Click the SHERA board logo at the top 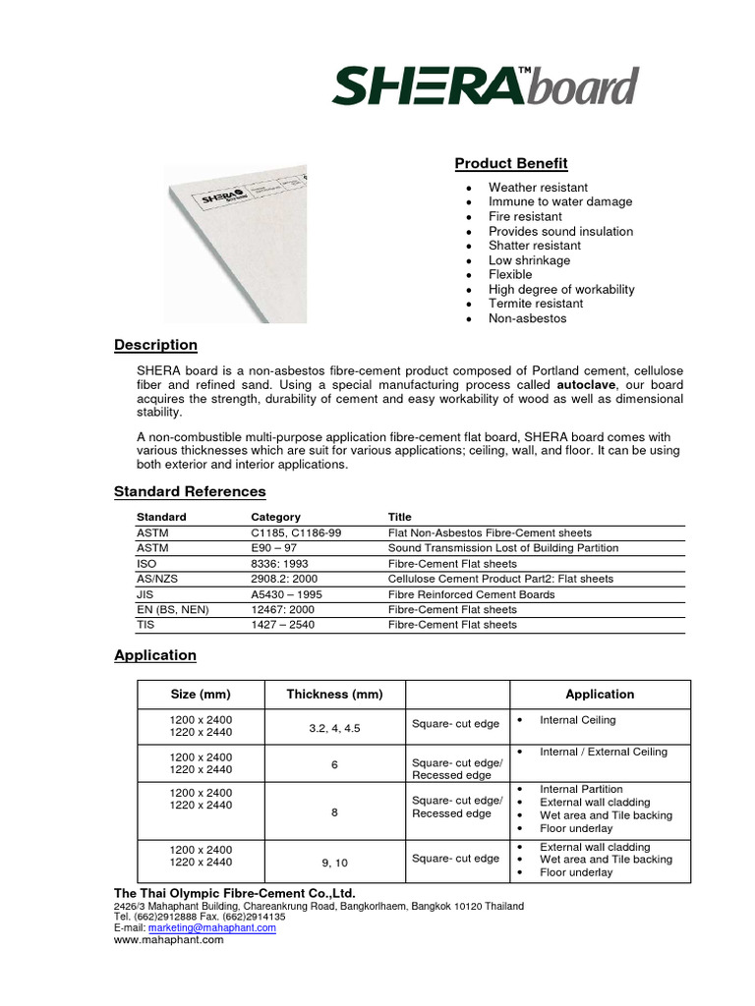click(485, 86)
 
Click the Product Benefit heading click(510, 163)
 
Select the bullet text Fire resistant click(525, 216)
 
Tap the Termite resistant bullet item click(536, 304)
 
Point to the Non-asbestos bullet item click(527, 318)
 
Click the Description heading click(155, 345)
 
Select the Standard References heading click(190, 491)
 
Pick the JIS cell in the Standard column click(145, 594)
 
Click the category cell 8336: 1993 click(281, 564)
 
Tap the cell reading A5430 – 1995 click(286, 594)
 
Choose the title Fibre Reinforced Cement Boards click(471, 594)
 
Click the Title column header click(399, 517)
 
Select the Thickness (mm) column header click(334, 694)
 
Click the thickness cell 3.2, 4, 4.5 click(334, 728)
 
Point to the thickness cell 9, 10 click(334, 863)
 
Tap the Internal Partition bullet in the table click(581, 789)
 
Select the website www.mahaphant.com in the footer click(169, 940)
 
